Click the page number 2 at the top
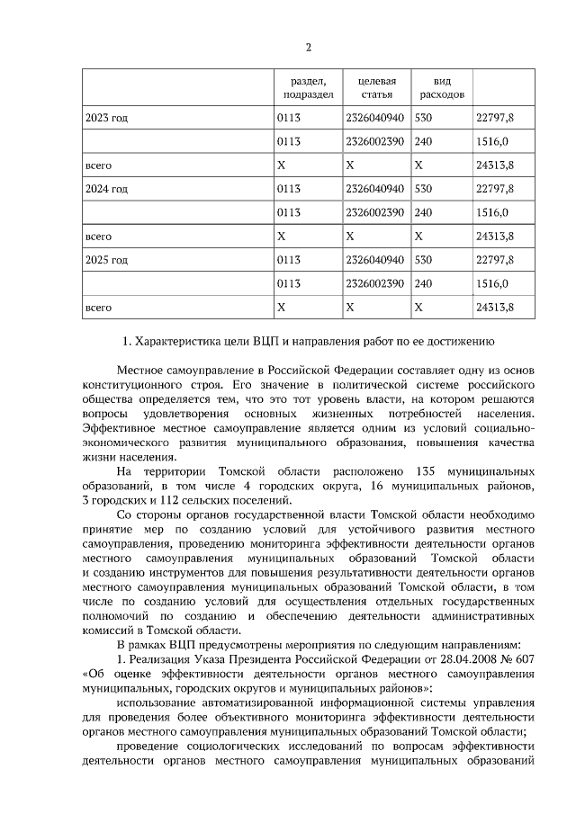click(308, 47)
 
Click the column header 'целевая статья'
click(376, 86)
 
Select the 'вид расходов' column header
click(441, 86)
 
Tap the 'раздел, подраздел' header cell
click(308, 86)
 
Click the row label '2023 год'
click(106, 118)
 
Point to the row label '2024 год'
click(106, 189)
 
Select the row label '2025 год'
click(106, 260)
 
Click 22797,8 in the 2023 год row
click(493, 118)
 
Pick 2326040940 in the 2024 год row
click(374, 189)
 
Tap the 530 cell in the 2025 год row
click(424, 260)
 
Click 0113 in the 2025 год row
click(289, 260)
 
